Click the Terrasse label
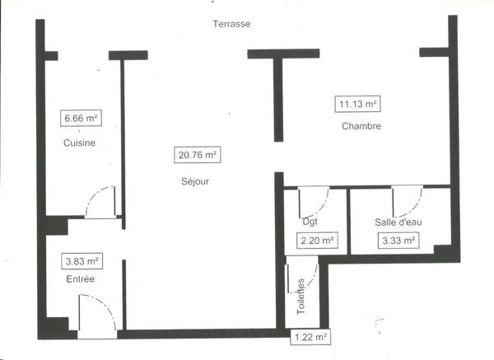pos(231,24)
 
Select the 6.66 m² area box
pos(81,118)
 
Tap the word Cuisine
pos(79,143)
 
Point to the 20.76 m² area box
pos(198,155)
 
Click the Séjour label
pos(195,181)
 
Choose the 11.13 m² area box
pos(357,104)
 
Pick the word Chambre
pos(361,126)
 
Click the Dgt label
pos(310,222)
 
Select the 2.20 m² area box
pos(317,241)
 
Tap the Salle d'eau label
pos(398,222)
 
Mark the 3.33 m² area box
pos(398,241)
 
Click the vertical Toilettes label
pos(301,297)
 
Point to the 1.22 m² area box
pos(310,337)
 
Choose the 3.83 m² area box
pos(82,261)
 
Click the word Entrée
pos(81,279)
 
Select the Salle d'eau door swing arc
pos(416,204)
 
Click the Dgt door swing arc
pos(322,207)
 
